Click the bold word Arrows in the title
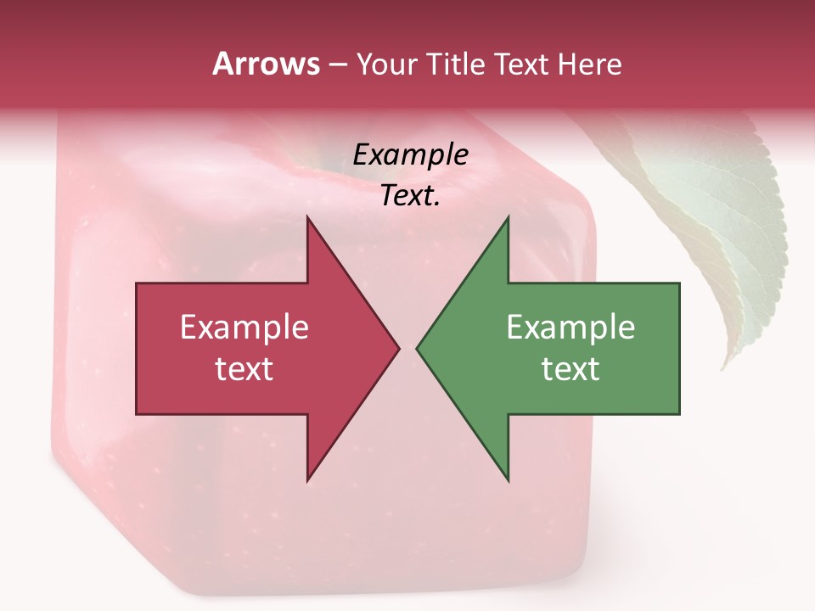pos(266,64)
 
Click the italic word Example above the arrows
pos(411,155)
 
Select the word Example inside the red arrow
pos(244,328)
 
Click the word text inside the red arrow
pos(244,369)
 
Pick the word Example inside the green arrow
pos(570,328)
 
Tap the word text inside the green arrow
pos(570,369)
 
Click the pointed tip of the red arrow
pos(397,348)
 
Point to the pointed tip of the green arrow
pos(419,348)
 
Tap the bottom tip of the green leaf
pos(724,367)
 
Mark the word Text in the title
pos(521,64)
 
